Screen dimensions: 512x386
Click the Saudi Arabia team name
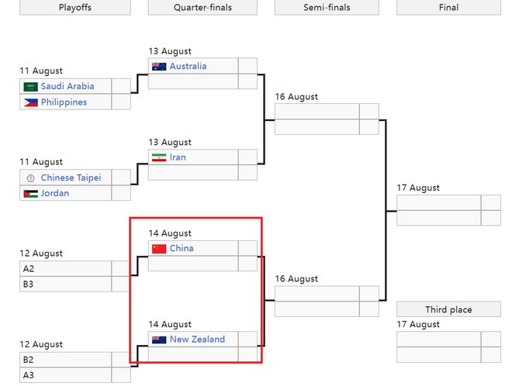(x=67, y=86)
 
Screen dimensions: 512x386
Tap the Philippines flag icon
(x=31, y=103)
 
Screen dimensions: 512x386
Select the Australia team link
(x=188, y=66)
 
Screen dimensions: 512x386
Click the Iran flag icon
(x=159, y=157)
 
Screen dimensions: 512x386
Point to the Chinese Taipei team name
(x=71, y=177)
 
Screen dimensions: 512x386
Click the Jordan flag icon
(x=31, y=194)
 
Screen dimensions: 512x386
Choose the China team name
(x=182, y=248)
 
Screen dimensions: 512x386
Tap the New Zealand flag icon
(x=159, y=339)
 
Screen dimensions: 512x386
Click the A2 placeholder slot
(x=65, y=268)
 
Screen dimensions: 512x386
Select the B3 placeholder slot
(x=65, y=284)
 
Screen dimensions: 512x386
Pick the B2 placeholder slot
(x=65, y=360)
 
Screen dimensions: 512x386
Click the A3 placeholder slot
(x=65, y=375)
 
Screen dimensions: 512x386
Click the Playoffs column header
(x=75, y=7)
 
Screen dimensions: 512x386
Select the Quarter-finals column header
(x=202, y=7)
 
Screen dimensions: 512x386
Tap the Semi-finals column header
(x=327, y=7)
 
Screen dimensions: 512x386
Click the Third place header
(x=448, y=309)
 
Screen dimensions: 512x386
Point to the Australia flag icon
(x=159, y=67)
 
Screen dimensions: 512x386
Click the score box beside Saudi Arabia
(x=121, y=86)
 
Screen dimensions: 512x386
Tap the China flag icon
(x=159, y=249)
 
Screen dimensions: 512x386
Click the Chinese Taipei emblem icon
(x=31, y=178)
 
